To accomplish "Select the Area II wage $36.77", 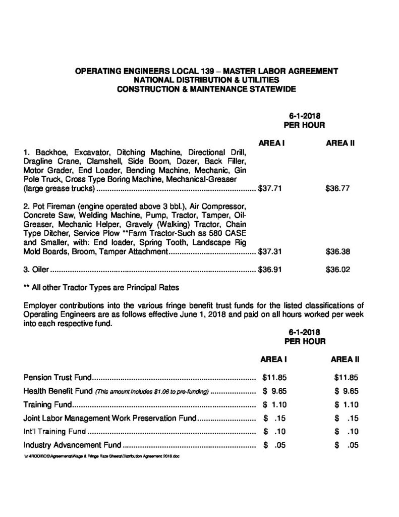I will click(x=337, y=190).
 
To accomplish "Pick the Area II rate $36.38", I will click(x=337, y=251).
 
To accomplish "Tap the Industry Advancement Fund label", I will click(x=73, y=445).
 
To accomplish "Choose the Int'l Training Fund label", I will click(x=54, y=432).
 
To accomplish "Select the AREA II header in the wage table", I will click(x=340, y=143).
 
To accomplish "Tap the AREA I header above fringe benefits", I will click(x=273, y=359).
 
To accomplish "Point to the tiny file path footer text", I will click(x=101, y=455).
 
